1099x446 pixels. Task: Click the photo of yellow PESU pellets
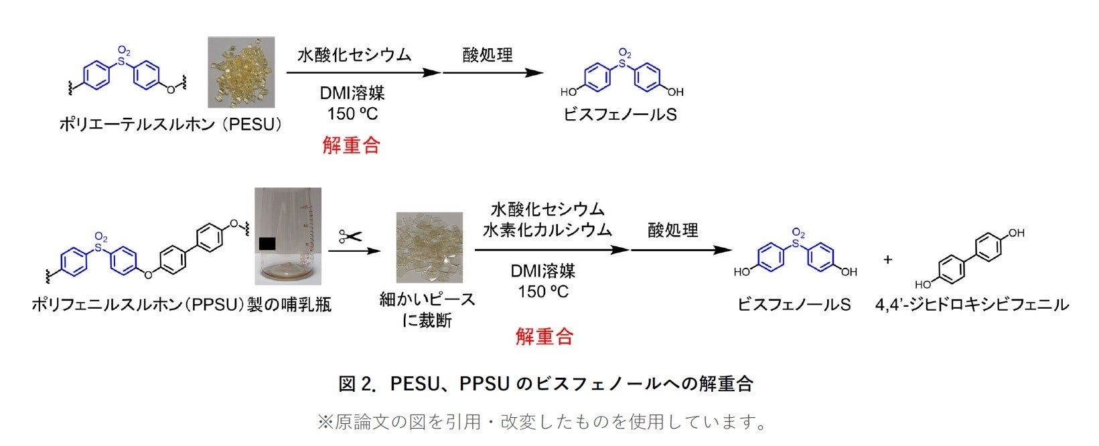pos(240,72)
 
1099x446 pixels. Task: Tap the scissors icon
pos(350,236)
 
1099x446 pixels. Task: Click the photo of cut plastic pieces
pos(429,246)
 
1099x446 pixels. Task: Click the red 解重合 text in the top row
pos(351,145)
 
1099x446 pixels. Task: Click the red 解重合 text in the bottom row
pos(544,336)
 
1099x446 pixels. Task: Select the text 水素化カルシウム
pos(547,230)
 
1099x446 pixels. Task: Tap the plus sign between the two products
pos(888,259)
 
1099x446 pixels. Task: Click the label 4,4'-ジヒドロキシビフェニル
pos(972,305)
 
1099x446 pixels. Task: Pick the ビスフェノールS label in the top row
pos(619,115)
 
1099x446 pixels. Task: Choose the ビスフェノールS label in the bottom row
pos(794,305)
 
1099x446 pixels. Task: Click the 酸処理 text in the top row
pos(488,54)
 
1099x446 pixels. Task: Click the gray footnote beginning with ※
pos(542,422)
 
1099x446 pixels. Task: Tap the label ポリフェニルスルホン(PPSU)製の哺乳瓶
pos(181,305)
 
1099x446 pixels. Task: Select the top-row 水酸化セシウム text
pos(354,54)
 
